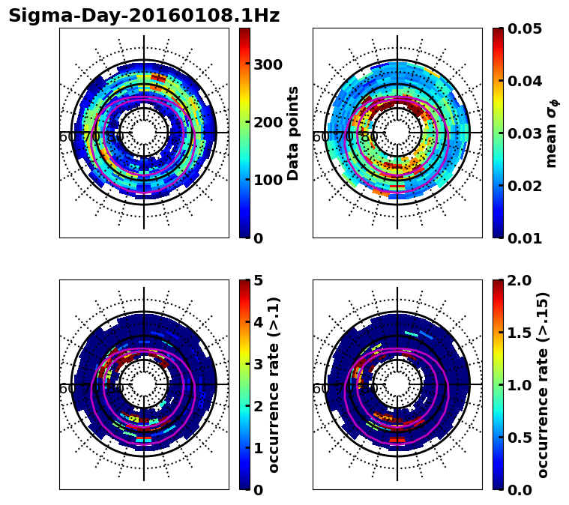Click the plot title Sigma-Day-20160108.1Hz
click(x=143, y=16)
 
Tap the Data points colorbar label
click(x=294, y=133)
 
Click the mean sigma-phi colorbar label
click(x=552, y=133)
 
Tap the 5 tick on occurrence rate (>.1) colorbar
click(x=259, y=280)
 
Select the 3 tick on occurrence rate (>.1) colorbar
click(x=259, y=364)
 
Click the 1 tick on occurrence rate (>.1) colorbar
click(x=259, y=448)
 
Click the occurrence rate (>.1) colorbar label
click(x=274, y=384)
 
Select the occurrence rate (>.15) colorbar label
click(x=544, y=384)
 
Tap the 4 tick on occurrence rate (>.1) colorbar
click(x=259, y=322)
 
